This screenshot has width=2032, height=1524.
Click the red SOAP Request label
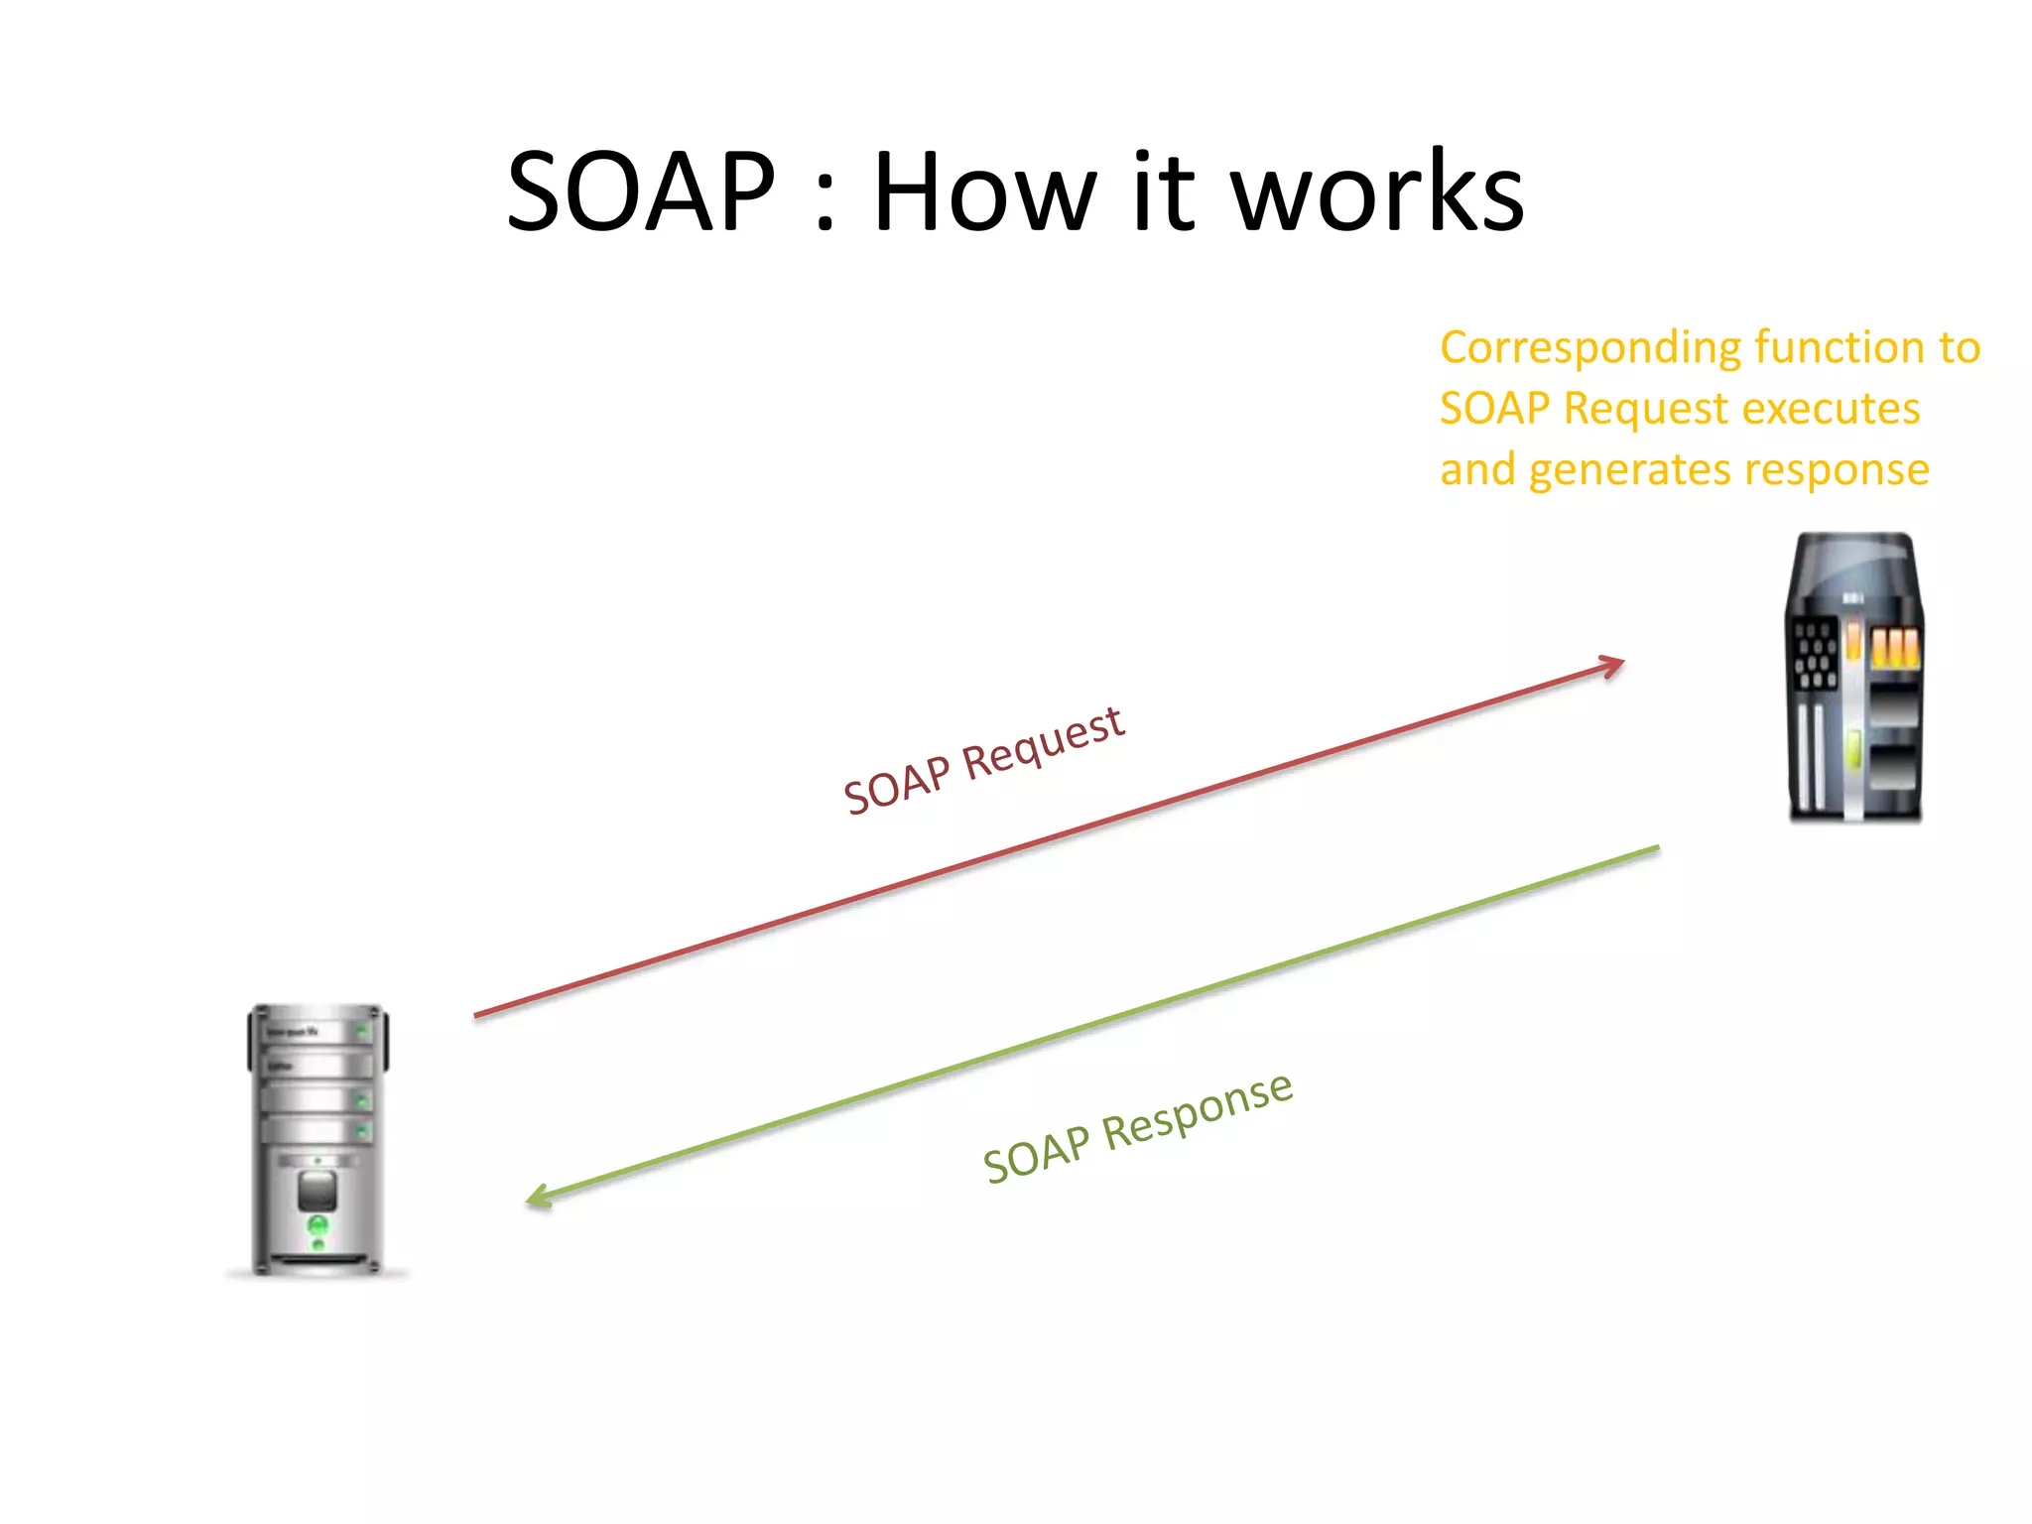(x=983, y=761)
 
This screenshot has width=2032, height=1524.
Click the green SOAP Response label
(x=1138, y=1129)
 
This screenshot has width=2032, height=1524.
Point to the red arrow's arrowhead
(x=1612, y=666)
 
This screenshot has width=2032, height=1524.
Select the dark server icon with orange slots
(x=1853, y=679)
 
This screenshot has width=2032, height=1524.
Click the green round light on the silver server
(x=318, y=1226)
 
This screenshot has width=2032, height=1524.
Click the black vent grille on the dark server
(x=1815, y=654)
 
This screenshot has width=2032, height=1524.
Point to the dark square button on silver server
(x=317, y=1190)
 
